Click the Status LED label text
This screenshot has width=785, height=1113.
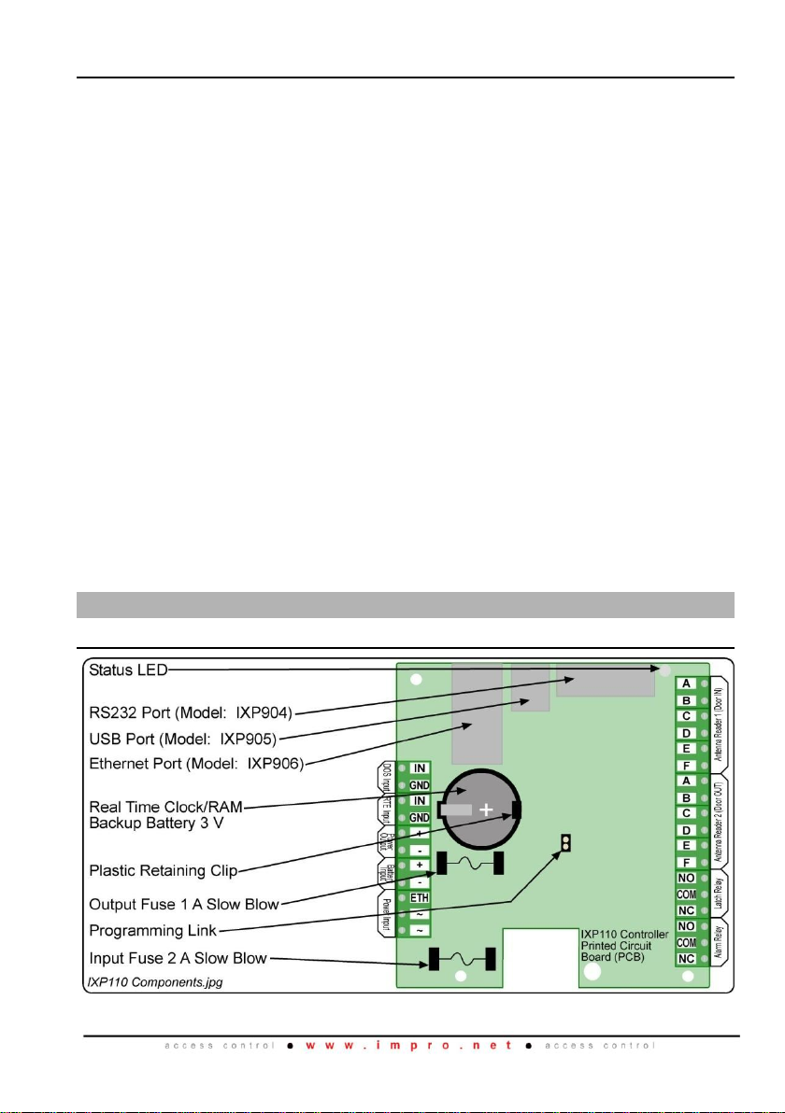[128, 670]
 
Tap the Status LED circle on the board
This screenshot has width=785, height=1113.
[664, 670]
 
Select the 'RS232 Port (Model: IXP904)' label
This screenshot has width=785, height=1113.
[191, 713]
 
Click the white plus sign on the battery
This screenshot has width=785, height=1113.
[486, 810]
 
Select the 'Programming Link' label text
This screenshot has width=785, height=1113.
[153, 930]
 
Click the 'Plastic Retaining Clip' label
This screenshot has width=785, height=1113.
[162, 871]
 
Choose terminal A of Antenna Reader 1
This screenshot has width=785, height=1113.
[686, 683]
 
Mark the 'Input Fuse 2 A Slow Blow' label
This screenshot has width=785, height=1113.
[178, 958]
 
